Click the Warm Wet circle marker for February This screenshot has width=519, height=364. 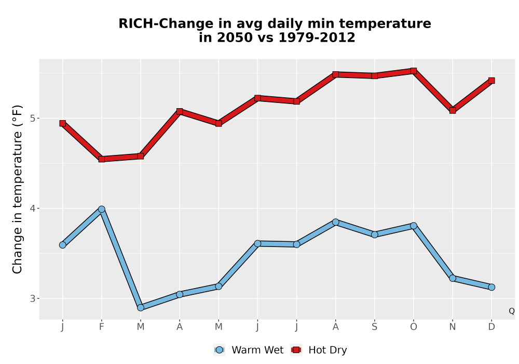102,209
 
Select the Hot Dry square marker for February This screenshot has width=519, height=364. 102,159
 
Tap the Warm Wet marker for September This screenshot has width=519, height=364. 375,235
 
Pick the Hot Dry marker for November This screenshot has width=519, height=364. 453,110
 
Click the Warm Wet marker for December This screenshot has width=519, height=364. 491,287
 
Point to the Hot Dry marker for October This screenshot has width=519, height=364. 414,71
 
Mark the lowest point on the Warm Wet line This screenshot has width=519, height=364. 141,308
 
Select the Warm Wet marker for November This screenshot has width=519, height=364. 453,278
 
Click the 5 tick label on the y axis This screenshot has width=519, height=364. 32,119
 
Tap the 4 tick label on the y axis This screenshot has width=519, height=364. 32,209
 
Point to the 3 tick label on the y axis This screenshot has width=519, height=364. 32,298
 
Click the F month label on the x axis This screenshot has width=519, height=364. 102,327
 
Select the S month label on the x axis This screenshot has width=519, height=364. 375,327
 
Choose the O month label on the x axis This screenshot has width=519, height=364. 414,327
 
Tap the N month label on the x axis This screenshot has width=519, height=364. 453,327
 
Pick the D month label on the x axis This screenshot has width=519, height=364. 491,327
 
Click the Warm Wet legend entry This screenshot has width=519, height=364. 249,350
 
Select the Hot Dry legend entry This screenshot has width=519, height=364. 319,350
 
